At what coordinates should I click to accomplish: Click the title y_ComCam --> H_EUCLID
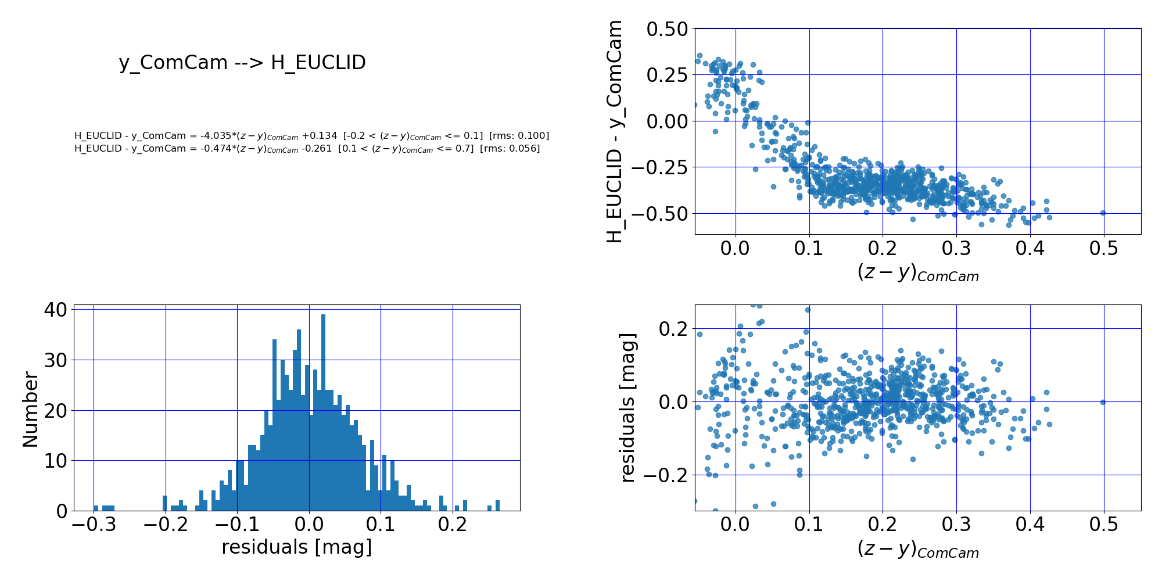pos(242,63)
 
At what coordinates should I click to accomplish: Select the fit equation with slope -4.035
pos(311,136)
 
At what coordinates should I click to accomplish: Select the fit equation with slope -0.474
pos(307,149)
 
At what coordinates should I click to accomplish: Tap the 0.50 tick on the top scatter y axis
pos(666,28)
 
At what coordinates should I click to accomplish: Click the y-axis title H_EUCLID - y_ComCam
pos(615,131)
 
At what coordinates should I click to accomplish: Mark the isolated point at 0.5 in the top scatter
pos(1103,213)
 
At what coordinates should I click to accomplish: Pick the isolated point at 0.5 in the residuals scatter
pos(1103,402)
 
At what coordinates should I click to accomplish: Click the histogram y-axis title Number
pos(30,410)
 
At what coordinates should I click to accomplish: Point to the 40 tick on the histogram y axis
pos(55,309)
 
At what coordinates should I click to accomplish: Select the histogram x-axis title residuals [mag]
pos(296,547)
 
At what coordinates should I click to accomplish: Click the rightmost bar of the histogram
pos(497,505)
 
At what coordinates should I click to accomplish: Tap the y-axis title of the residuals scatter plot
pos(627,408)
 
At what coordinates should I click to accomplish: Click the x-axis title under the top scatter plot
pos(918,272)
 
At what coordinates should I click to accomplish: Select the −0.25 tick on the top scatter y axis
pos(660,167)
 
